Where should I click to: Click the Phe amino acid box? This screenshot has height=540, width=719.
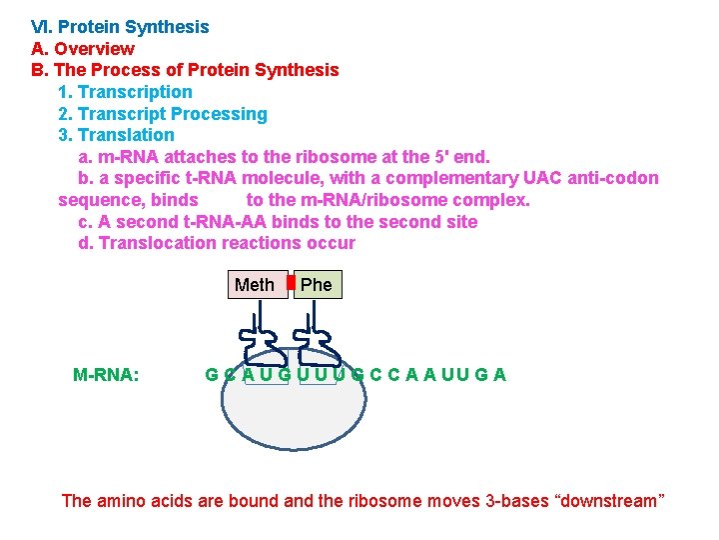317,285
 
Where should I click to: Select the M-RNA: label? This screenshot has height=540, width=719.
106,375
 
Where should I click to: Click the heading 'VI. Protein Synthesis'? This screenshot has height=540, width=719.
120,27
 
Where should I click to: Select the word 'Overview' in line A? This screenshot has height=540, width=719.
94,49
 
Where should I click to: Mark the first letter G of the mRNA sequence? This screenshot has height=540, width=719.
212,375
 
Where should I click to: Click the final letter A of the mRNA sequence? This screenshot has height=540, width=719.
499,375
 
